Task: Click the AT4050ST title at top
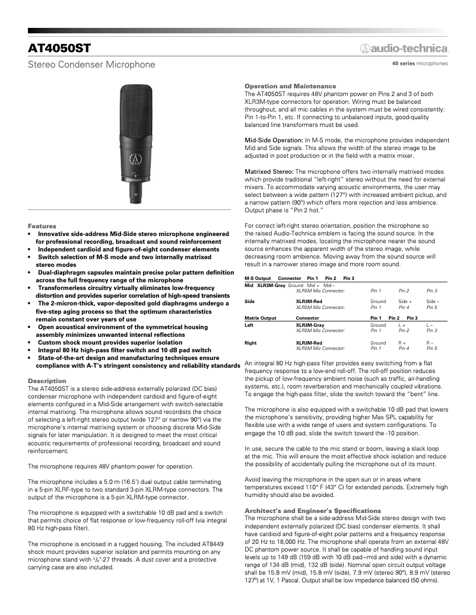coord(59,47)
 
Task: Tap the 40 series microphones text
coord(420,63)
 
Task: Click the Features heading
coord(42,226)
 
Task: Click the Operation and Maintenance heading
coord(290,86)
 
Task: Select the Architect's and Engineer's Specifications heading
coord(313,511)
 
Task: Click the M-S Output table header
coord(258,278)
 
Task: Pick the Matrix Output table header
coord(261,318)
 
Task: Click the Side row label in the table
coord(249,302)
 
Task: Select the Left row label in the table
coord(249,325)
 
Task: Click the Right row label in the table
coord(250,343)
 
